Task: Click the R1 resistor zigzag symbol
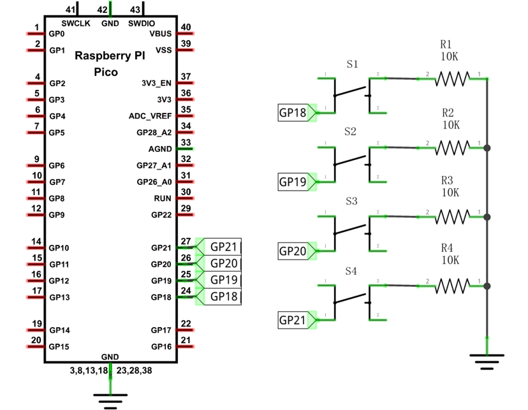452,79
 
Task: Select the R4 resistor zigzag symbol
452,286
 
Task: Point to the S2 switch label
350,131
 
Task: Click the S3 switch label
351,201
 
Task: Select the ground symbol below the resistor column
487,362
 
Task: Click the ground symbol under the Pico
110,401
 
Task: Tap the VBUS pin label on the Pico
161,34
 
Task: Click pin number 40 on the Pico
186,27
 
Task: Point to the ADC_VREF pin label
150,116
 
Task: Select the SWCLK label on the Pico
76,24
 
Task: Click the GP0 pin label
57,34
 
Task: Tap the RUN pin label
163,198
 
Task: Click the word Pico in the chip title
106,72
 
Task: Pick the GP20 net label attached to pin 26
223,263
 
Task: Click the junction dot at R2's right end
487,148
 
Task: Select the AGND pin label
160,149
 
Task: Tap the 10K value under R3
450,193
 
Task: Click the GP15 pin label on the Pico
59,347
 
